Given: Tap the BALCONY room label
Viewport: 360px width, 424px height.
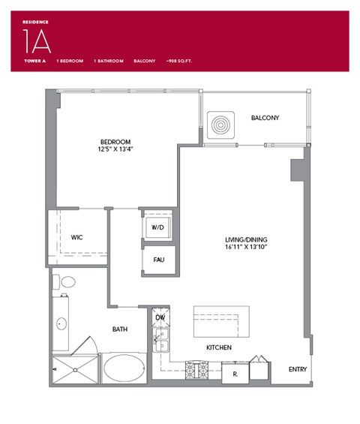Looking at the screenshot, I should (x=265, y=118).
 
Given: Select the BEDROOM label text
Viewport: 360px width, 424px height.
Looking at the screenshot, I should (x=116, y=141).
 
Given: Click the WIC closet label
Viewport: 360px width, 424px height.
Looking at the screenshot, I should (x=76, y=237).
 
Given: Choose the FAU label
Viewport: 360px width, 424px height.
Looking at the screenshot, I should (x=158, y=260).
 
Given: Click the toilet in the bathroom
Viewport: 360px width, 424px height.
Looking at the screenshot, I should (x=67, y=283).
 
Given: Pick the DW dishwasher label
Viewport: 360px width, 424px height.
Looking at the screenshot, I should (x=159, y=317).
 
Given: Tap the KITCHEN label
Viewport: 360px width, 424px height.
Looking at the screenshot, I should (x=219, y=348).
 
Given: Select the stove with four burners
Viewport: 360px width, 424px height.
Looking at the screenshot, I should (x=196, y=369).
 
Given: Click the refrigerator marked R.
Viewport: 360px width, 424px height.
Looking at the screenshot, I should (x=235, y=371).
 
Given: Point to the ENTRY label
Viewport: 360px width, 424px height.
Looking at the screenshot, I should (x=298, y=369).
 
